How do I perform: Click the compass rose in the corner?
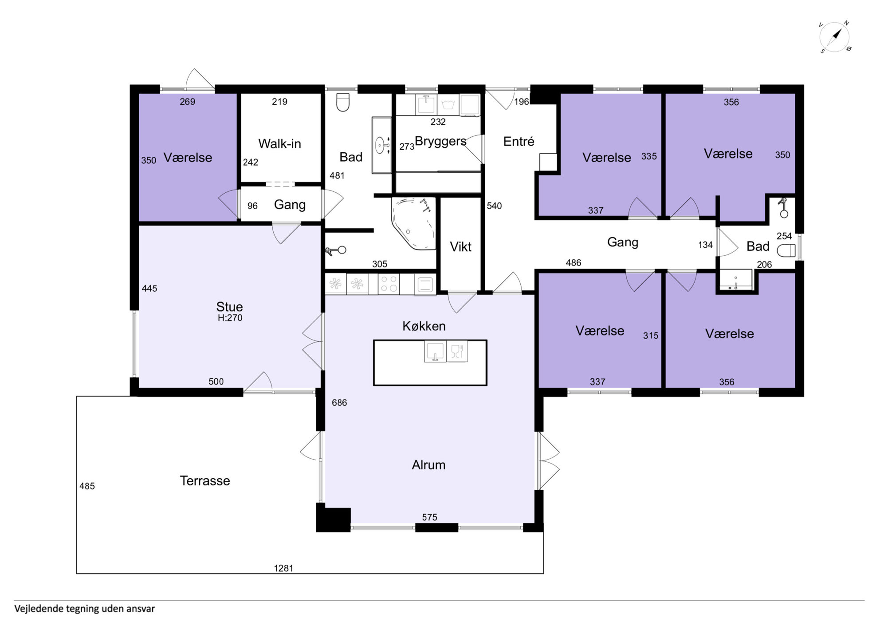[835, 36]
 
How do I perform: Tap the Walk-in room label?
[279, 143]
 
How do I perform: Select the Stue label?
[229, 306]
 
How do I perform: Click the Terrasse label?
[205, 480]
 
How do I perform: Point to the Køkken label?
[424, 326]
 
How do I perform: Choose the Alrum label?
[428, 464]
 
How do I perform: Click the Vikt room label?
[460, 246]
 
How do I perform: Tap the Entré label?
[519, 141]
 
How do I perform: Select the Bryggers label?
[440, 141]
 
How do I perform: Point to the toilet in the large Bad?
[343, 102]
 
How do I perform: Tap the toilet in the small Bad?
[786, 250]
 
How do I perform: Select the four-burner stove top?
[389, 284]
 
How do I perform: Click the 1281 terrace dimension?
[283, 568]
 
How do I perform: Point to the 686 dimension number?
[339, 402]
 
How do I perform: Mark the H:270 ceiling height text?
[230, 317]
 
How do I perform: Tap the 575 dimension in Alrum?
[429, 517]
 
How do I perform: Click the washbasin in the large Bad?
[381, 145]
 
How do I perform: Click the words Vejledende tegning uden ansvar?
[84, 609]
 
